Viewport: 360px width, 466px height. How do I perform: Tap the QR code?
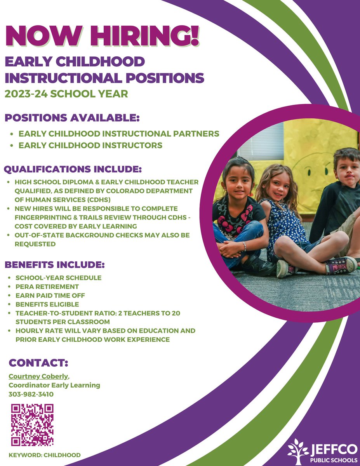(32, 425)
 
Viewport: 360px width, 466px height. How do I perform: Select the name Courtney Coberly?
(39, 376)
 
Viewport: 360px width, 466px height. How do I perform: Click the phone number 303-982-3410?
(31, 394)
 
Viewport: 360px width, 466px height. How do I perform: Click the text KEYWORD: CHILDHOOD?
(45, 455)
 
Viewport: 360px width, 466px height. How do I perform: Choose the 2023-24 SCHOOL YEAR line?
(66, 94)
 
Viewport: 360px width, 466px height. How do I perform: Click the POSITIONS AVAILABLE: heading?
(72, 117)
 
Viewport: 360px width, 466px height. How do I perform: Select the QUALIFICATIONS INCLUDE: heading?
(73, 169)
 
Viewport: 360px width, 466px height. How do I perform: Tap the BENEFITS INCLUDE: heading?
(55, 265)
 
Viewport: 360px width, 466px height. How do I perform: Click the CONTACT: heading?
(38, 363)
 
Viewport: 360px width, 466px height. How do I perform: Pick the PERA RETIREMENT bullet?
(47, 287)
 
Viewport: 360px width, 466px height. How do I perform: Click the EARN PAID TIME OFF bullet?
(50, 296)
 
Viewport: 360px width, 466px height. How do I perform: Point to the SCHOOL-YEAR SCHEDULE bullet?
(58, 278)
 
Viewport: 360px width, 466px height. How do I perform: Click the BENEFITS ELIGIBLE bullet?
(47, 304)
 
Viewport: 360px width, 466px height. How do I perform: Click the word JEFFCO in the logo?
(334, 449)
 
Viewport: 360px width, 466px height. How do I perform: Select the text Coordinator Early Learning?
(54, 385)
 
